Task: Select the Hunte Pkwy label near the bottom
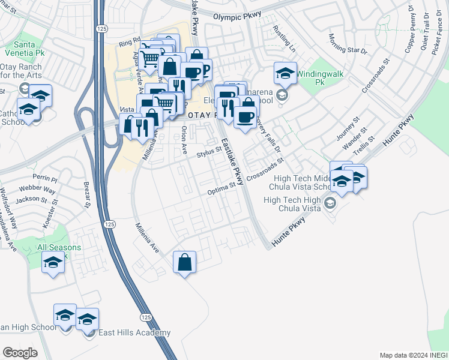tap(289, 230)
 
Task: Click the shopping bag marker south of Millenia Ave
tap(184, 262)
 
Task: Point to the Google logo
tap(20, 352)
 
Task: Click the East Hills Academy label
tap(135, 333)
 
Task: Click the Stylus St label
tap(209, 154)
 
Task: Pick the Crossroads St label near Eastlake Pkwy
tap(265, 170)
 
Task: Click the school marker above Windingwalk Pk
tap(285, 73)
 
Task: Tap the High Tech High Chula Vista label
tap(296, 204)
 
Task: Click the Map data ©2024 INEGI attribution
tap(413, 355)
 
